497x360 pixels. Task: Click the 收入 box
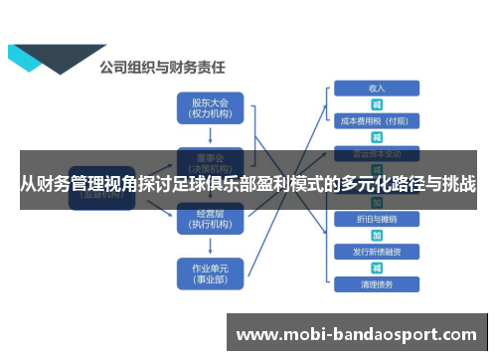[x=377, y=87]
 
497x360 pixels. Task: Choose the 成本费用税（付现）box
[x=377, y=120]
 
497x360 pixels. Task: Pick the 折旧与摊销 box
[x=377, y=218]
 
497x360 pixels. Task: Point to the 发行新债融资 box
[x=377, y=251]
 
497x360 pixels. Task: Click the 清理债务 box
[x=377, y=284]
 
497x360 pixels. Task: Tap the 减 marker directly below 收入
[x=377, y=103]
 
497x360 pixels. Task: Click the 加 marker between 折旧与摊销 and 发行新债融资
[x=377, y=235]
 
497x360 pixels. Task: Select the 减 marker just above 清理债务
[x=377, y=268]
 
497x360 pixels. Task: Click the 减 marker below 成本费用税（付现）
[x=377, y=137]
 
